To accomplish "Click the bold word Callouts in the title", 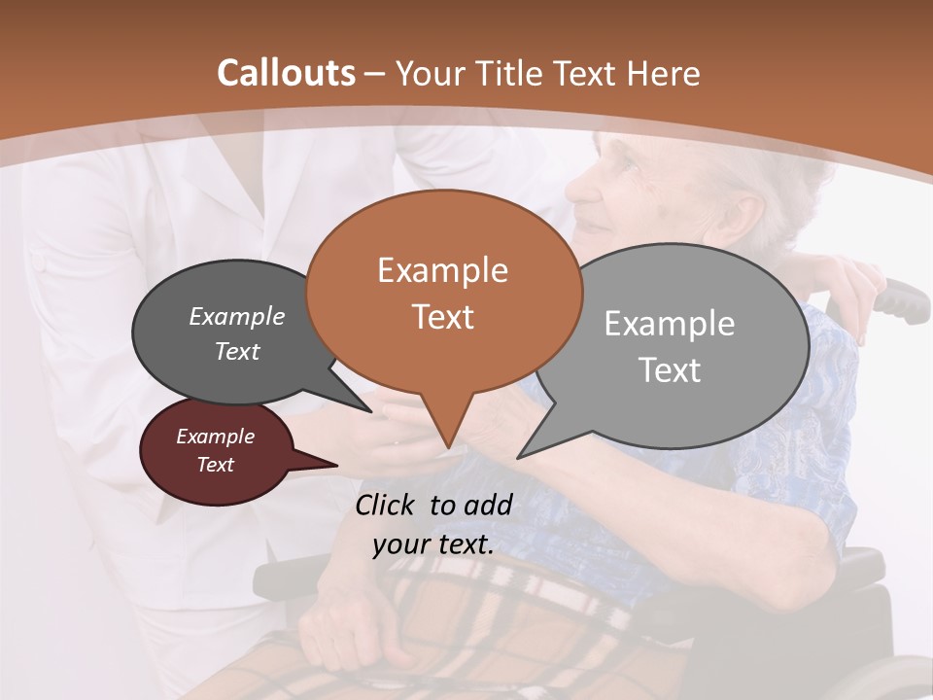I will pyautogui.click(x=286, y=73).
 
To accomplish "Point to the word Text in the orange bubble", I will pyautogui.click(x=442, y=316).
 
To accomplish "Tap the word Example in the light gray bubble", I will pyautogui.click(x=669, y=323).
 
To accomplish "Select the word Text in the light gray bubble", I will pyautogui.click(x=670, y=369).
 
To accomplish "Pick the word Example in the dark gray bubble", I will pyautogui.click(x=236, y=316).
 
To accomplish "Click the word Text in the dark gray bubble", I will pyautogui.click(x=236, y=351).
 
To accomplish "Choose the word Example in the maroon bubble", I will pyautogui.click(x=215, y=437).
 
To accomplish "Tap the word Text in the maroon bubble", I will pyautogui.click(x=215, y=465).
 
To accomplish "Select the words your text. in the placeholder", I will pyautogui.click(x=433, y=544).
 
